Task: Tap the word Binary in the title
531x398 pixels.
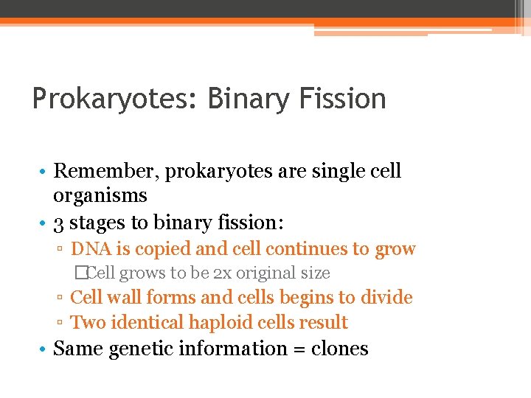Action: (251, 99)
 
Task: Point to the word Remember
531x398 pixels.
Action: (106, 171)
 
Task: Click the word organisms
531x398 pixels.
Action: (100, 195)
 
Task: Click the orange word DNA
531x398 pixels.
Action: (89, 249)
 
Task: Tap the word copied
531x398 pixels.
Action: (154, 249)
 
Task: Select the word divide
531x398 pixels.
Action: (387, 298)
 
